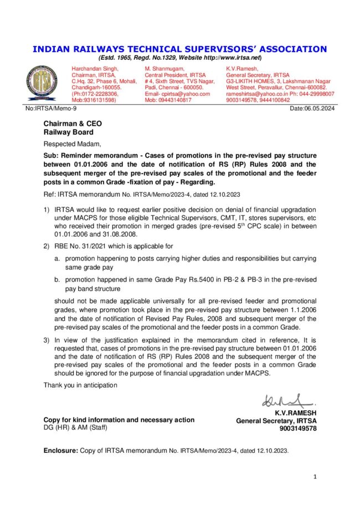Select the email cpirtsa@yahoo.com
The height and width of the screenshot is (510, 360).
click(x=182, y=94)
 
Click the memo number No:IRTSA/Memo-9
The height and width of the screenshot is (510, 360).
click(x=52, y=109)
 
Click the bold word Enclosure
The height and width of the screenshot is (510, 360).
click(x=61, y=451)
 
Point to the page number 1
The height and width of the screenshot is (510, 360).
click(x=315, y=476)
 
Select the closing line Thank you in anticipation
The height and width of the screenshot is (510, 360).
click(x=80, y=385)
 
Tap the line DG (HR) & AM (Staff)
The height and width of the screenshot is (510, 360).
click(x=76, y=427)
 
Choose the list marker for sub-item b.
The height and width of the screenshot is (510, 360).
click(x=57, y=281)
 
